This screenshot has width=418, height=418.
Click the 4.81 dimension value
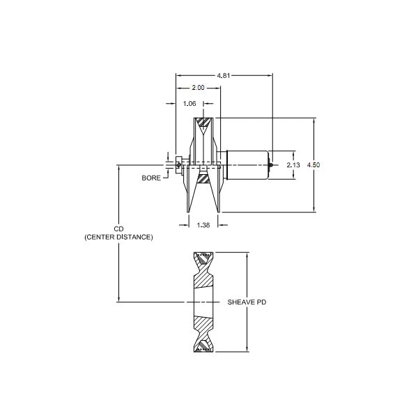224,76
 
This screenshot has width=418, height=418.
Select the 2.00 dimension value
198,88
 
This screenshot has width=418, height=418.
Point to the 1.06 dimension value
189,104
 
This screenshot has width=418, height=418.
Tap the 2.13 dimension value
293,165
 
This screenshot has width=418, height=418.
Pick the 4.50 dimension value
313,165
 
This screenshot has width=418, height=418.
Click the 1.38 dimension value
203,226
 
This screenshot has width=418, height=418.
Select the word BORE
151,178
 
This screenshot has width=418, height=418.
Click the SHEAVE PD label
247,302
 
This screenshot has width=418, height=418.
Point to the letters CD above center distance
118,229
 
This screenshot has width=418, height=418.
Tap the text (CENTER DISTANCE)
118,238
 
